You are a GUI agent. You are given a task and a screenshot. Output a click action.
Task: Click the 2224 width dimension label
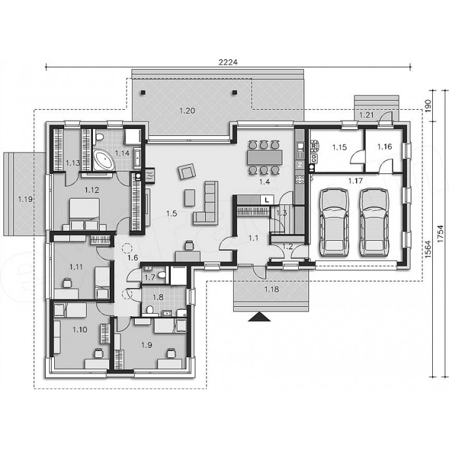[228, 62]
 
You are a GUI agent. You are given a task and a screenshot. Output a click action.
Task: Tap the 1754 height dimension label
[441, 234]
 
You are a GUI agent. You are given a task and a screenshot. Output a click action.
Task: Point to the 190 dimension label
[428, 105]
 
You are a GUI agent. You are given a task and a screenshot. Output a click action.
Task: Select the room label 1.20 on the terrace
[187, 110]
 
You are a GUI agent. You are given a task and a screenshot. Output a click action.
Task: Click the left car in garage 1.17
[334, 223]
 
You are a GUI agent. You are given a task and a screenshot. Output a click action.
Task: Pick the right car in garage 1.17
[374, 223]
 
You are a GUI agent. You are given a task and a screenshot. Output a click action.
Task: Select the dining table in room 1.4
[264, 157]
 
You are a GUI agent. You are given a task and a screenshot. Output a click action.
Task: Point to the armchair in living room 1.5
[186, 171]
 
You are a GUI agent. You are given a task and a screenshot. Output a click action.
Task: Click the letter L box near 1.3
[267, 200]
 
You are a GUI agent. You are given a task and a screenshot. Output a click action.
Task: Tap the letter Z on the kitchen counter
[300, 165]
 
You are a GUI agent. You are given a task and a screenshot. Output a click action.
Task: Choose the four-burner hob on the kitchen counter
[300, 180]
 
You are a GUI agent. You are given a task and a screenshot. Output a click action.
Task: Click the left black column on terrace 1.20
[143, 92]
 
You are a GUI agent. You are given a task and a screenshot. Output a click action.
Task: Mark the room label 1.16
[385, 147]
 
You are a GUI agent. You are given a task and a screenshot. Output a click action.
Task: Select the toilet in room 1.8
[149, 310]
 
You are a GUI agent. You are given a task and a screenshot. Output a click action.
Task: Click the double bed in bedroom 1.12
[84, 214]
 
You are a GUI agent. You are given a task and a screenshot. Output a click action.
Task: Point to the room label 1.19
[25, 199]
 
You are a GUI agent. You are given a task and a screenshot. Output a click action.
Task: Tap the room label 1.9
[147, 345]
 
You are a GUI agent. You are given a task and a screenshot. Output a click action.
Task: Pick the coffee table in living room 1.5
[190, 198]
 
